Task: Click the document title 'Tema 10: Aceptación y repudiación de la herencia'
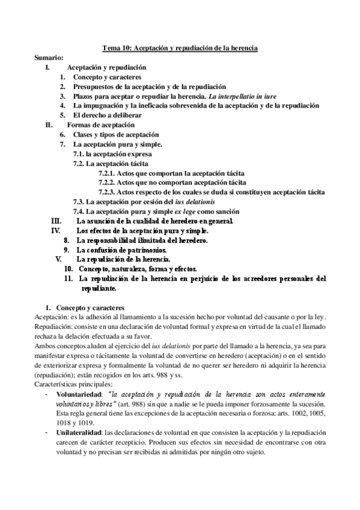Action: (180, 48)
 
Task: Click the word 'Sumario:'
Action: (49, 58)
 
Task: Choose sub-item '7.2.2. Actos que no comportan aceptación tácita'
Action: (172, 182)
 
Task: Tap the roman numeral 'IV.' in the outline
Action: (56, 230)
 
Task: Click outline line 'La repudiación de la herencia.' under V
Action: (126, 259)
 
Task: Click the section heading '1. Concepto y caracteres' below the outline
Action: (89, 307)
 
